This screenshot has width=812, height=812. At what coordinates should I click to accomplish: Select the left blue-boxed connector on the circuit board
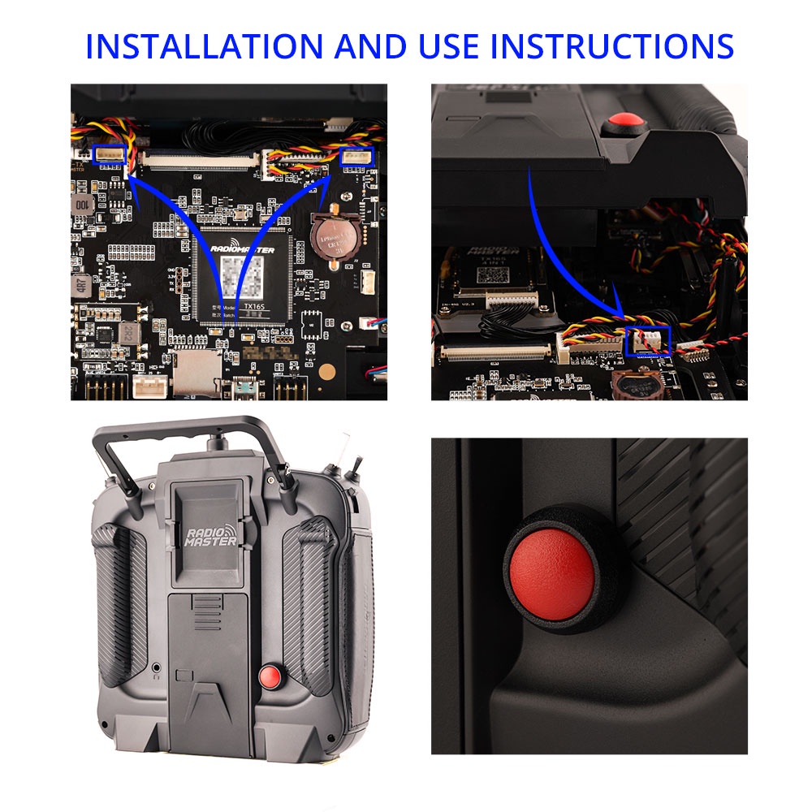[x=110, y=153]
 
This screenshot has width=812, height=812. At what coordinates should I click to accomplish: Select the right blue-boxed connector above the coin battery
[x=356, y=156]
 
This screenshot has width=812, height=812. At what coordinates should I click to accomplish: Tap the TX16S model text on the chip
[x=257, y=299]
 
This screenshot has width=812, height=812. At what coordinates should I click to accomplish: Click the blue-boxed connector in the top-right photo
[x=648, y=341]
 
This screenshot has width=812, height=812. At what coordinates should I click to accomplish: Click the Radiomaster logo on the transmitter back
[x=209, y=540]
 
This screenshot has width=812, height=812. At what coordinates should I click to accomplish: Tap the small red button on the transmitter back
[x=269, y=676]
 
